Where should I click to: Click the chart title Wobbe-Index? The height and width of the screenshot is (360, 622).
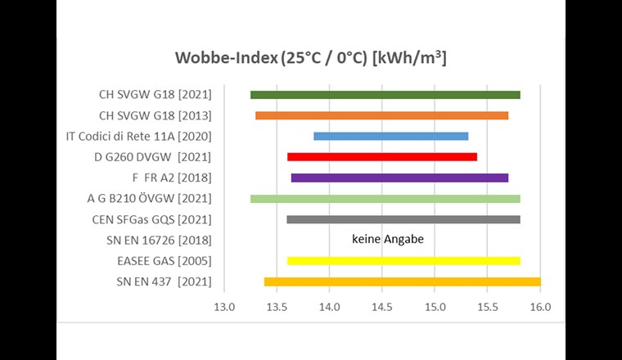coord(310,60)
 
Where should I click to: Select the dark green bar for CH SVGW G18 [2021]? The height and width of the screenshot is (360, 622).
coord(385,95)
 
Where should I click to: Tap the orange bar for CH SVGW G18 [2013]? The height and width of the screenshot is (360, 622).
coord(381,115)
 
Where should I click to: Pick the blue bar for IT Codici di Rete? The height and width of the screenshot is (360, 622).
coord(390,136)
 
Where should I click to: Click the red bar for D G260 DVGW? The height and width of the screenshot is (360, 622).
coord(381,156)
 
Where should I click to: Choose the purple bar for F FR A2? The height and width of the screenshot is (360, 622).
coord(399,178)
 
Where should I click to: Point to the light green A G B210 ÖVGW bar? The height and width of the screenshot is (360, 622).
coord(385,198)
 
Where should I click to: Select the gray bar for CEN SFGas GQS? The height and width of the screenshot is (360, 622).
coord(403,219)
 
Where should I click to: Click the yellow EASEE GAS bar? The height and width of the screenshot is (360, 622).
coord(403,261)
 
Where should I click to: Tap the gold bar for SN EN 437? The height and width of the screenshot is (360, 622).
coord(402,281)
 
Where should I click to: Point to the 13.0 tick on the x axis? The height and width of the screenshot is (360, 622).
coord(223,308)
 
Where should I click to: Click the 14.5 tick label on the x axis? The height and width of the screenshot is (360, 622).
coord(382,308)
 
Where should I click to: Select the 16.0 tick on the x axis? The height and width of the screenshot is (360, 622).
coord(540,308)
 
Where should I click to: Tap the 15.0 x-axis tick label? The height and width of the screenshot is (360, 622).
coord(435,308)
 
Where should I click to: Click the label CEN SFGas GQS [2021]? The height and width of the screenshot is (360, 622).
coord(152,219)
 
